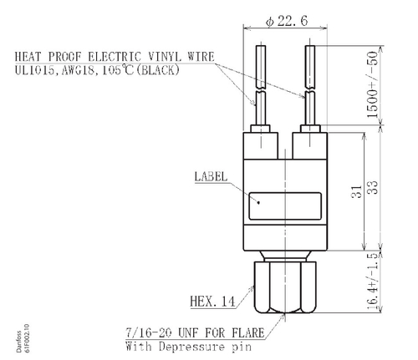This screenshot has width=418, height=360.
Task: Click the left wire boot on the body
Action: pos(263,141)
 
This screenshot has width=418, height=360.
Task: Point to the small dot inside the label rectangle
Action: pos(259,202)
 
